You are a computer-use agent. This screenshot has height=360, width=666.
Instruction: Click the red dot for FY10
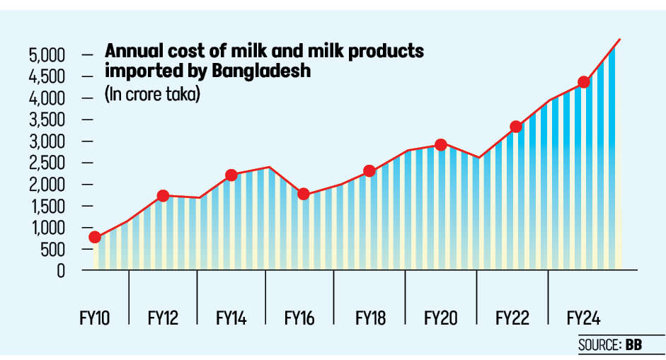tap(95, 238)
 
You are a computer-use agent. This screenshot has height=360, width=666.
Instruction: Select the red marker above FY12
tap(163, 196)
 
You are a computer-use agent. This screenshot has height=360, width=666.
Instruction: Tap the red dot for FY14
tap(231, 175)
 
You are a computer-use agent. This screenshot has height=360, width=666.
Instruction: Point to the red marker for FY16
tap(303, 194)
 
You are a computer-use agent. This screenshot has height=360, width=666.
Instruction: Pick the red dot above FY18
tap(369, 171)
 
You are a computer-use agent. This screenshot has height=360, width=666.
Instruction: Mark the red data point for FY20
tap(440, 145)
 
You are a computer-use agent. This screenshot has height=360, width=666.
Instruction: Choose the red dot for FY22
tap(516, 127)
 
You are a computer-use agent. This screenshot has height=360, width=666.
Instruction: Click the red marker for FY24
tap(584, 82)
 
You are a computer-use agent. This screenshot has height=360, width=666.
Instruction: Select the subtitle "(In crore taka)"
tap(151, 94)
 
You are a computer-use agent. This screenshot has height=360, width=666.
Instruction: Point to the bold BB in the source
tap(633, 346)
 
